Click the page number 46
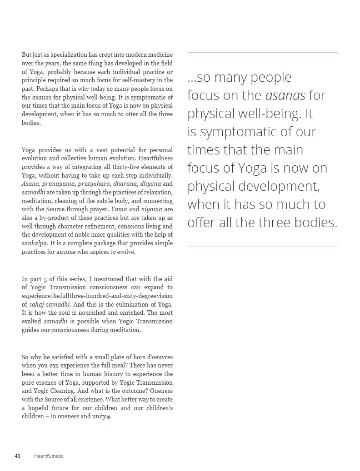pos(17,456)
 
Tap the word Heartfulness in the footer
pos(49,456)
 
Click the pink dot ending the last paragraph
pos(109,417)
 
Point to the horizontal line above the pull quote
pos(262,53)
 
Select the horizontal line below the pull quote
pos(262,246)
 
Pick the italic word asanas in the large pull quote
pos(285,95)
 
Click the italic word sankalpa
pos(35,243)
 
